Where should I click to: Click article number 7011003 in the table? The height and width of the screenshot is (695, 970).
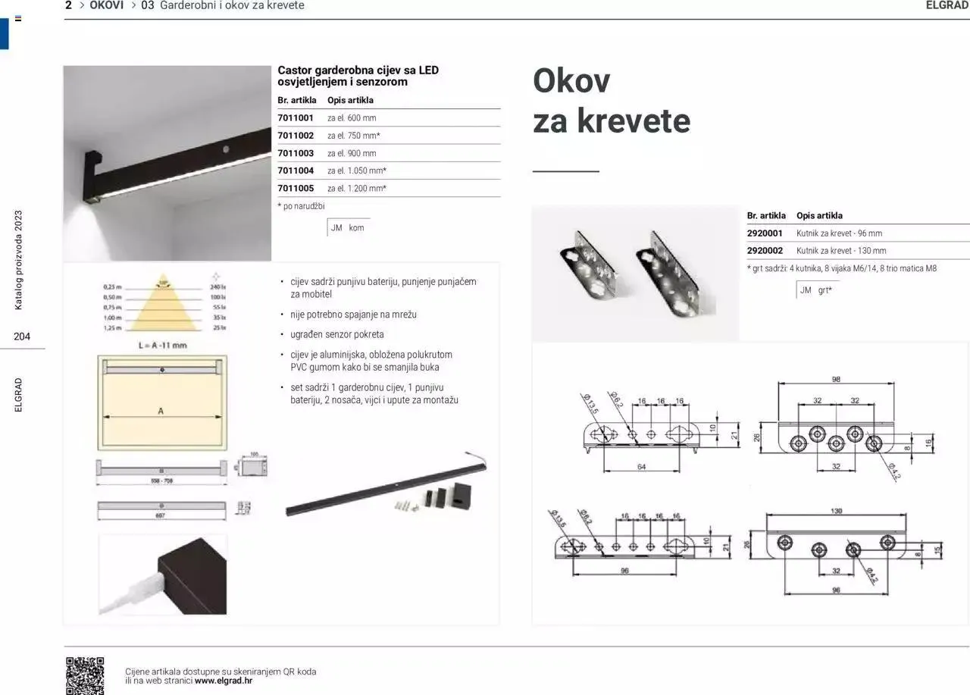[296, 153]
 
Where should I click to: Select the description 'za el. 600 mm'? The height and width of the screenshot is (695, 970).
[352, 118]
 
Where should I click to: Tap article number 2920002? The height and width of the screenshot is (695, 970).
[765, 251]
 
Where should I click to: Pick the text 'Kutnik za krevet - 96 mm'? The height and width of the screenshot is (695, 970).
[839, 233]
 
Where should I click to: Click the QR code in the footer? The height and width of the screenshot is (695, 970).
[85, 675]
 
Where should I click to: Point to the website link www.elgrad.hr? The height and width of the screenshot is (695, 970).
[224, 681]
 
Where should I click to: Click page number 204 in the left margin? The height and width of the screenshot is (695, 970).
[22, 337]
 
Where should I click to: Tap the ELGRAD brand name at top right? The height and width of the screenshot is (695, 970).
[947, 5]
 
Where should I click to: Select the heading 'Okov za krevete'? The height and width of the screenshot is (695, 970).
[611, 101]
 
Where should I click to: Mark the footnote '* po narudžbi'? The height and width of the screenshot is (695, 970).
[301, 206]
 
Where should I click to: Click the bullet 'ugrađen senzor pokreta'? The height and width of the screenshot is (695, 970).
[337, 334]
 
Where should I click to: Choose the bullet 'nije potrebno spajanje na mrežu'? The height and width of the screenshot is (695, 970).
[354, 315]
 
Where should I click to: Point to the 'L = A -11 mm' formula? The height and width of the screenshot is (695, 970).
[162, 346]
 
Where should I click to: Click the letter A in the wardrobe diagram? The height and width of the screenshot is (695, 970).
[161, 411]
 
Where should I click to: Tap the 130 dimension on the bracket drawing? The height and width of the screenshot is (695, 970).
[836, 511]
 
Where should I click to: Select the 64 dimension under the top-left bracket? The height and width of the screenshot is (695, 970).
[641, 468]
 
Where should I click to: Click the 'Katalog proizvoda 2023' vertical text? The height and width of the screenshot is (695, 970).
[19, 260]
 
